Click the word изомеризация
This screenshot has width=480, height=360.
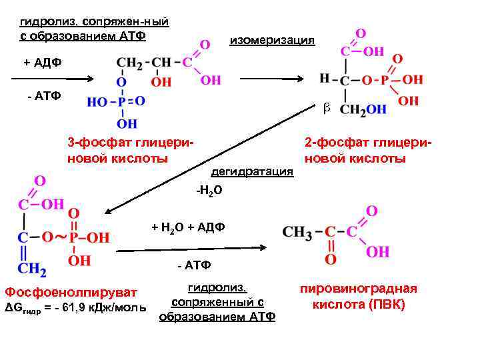[x=271, y=41]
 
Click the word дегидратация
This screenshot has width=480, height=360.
[x=252, y=172]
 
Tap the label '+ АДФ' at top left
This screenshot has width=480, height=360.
[x=43, y=62]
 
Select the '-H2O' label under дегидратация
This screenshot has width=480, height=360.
[x=208, y=191]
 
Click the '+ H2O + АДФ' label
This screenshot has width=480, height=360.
[x=188, y=227]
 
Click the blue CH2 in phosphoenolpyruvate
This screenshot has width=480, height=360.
[x=31, y=269]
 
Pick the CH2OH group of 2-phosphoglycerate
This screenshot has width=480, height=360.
[x=363, y=109]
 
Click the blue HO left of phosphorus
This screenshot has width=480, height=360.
[x=98, y=101]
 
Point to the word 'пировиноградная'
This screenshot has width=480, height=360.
[x=358, y=289]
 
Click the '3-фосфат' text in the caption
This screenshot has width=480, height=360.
[x=91, y=143]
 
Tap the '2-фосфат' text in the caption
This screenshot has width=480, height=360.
[x=327, y=143]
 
